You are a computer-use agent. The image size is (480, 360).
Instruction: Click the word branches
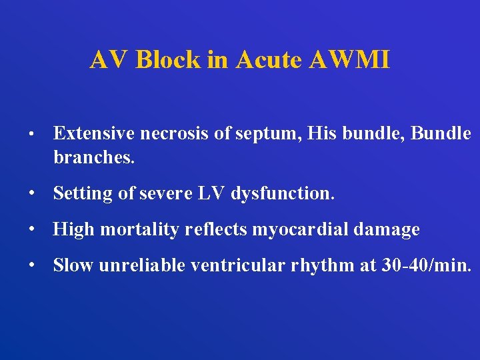pos(94,159)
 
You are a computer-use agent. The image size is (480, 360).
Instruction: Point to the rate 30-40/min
pos(425,265)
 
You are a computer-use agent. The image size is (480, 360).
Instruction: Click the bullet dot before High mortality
pos(31,230)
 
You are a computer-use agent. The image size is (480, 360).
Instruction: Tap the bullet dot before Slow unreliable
pos(31,265)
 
